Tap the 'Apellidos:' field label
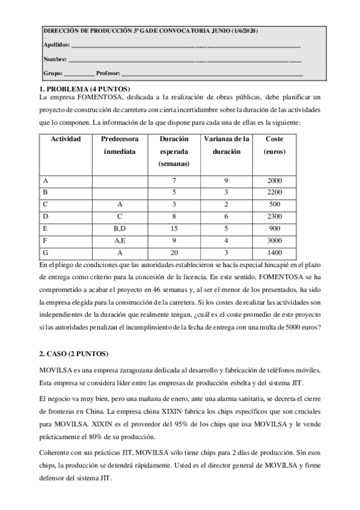[56, 45]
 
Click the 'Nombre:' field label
[55, 59]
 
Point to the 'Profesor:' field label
[108, 73]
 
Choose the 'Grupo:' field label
[53, 73]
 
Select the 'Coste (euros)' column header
[275, 145]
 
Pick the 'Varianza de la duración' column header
[227, 145]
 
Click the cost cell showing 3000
[275, 240]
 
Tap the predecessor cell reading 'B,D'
[120, 228]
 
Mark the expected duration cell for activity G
[174, 252]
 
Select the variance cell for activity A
[227, 180]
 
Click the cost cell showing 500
[275, 204]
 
